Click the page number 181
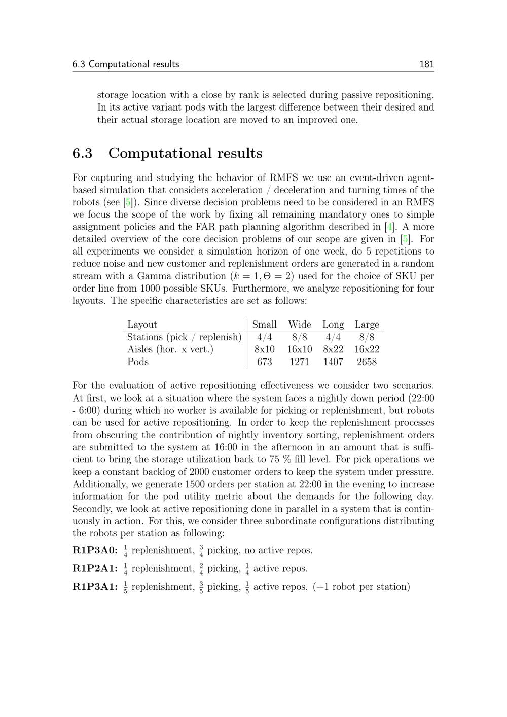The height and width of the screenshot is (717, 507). pyautogui.click(x=426, y=64)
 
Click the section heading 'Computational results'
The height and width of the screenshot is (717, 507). pyautogui.click(x=185, y=153)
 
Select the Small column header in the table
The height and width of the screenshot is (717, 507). pyautogui.click(x=264, y=325)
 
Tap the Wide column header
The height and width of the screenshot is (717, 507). pyautogui.click(x=299, y=325)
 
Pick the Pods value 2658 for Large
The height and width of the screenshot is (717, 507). pyautogui.click(x=367, y=362)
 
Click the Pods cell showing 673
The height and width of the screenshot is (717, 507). pyautogui.click(x=264, y=362)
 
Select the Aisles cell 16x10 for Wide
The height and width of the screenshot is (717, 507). pyautogui.click(x=299, y=349)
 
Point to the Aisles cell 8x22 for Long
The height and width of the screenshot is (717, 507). pyautogui.click(x=333, y=349)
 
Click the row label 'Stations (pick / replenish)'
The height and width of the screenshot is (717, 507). pyautogui.click(x=184, y=337)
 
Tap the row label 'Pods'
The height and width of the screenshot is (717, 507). pyautogui.click(x=138, y=362)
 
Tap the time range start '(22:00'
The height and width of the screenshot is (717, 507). pyautogui.click(x=421, y=398)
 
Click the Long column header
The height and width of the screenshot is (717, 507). pyautogui.click(x=333, y=325)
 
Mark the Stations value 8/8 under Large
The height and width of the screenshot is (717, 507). pyautogui.click(x=367, y=337)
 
